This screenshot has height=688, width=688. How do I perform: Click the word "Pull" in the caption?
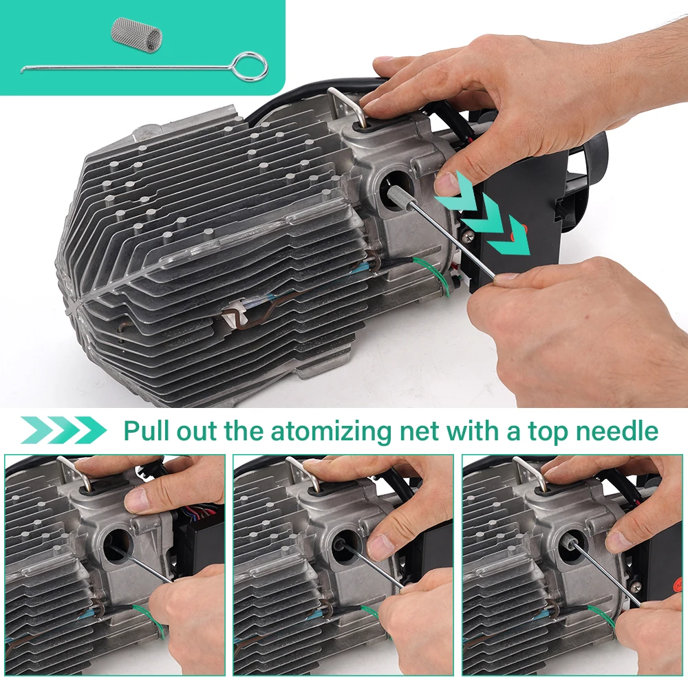click(x=147, y=431)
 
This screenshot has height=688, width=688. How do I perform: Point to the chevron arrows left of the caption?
click(x=63, y=430)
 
